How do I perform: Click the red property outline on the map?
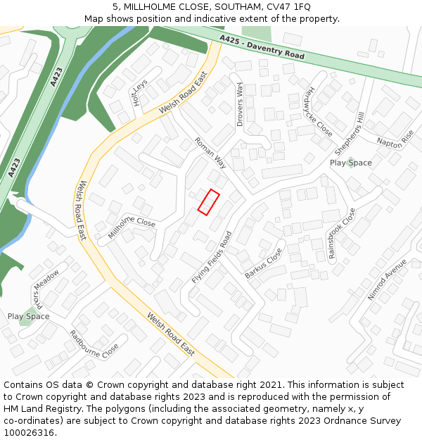[208, 201]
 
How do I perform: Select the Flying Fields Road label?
[212, 258]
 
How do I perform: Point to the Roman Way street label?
[210, 153]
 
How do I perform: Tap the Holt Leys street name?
[139, 92]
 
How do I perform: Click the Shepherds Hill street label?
[350, 134]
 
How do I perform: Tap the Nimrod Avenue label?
[388, 279]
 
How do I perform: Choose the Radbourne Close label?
[94, 344]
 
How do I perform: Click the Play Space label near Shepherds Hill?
[351, 163]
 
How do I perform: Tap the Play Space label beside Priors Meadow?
[29, 316]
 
